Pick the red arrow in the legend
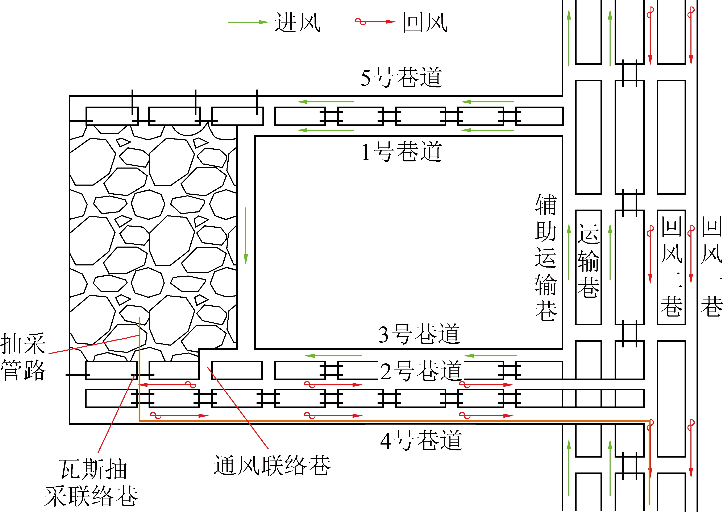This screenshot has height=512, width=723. (375, 22)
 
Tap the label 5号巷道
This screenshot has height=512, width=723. (401, 78)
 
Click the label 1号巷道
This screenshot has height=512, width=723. (401, 152)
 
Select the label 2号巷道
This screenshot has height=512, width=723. (421, 371)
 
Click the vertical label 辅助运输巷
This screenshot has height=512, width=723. (546, 258)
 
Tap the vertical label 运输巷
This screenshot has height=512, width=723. (588, 261)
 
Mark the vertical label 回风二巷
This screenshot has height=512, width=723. (671, 267)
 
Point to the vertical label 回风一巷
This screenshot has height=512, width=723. (711, 267)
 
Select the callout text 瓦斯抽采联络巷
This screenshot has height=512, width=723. (91, 482)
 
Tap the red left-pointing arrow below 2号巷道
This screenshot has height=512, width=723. (167, 385)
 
